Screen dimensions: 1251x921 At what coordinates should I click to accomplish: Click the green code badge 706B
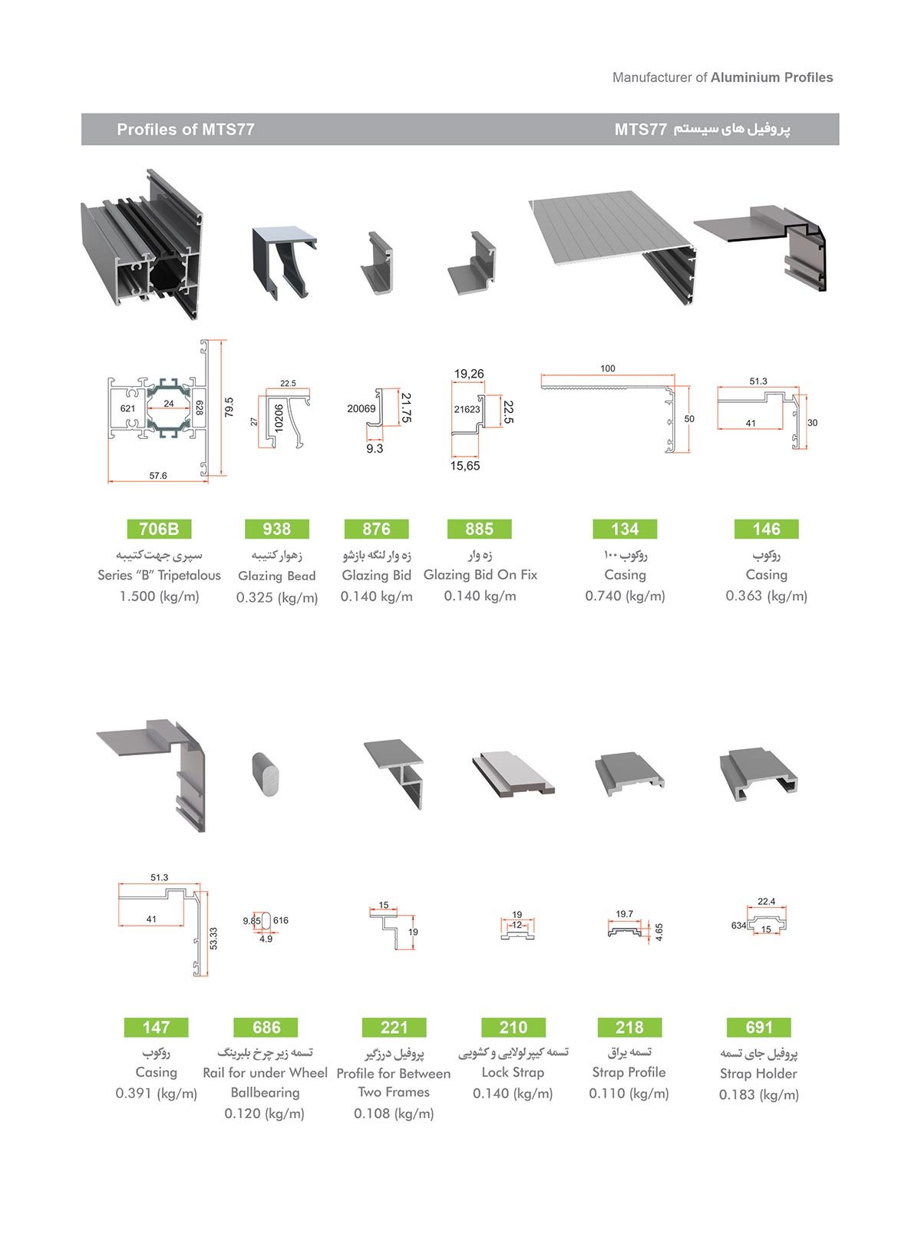point(159,529)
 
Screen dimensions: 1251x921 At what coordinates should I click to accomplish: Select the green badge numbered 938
point(276,529)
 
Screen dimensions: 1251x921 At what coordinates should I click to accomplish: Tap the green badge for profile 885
point(479,529)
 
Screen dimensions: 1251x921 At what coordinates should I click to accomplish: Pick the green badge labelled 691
point(759,1027)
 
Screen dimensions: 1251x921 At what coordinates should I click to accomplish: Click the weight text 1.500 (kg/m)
point(159,596)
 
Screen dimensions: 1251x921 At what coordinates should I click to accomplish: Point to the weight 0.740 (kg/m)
point(625,596)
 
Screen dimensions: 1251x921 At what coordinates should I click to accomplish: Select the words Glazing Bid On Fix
point(480,575)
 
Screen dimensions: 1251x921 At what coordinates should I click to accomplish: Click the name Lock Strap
point(513,1072)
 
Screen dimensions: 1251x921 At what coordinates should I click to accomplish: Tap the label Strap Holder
point(758,1074)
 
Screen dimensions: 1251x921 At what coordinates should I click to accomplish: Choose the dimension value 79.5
point(229,407)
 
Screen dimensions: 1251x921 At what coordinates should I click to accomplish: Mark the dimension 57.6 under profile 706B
point(158,476)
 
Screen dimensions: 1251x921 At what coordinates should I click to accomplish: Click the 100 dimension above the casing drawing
point(608,368)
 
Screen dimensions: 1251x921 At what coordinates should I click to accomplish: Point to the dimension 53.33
point(213,939)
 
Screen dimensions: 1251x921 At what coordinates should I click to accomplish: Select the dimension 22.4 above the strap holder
point(766,902)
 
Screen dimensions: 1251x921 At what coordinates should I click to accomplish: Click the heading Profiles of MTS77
point(186,130)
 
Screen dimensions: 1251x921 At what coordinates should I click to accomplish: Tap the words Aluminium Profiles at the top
point(771,78)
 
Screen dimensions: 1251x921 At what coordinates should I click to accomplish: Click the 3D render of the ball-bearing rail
point(265,774)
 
